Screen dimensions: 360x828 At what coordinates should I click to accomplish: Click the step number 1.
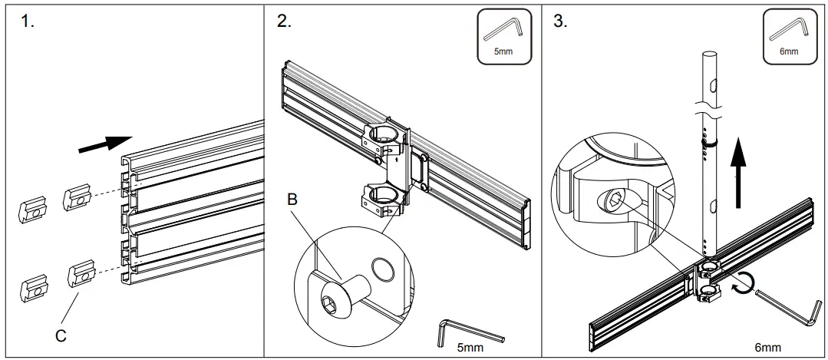tap(28, 21)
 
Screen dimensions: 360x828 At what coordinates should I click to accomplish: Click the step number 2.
tap(284, 21)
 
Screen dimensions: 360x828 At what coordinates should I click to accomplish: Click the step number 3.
tap(560, 21)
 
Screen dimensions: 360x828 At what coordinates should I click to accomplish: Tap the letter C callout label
tap(59, 335)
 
